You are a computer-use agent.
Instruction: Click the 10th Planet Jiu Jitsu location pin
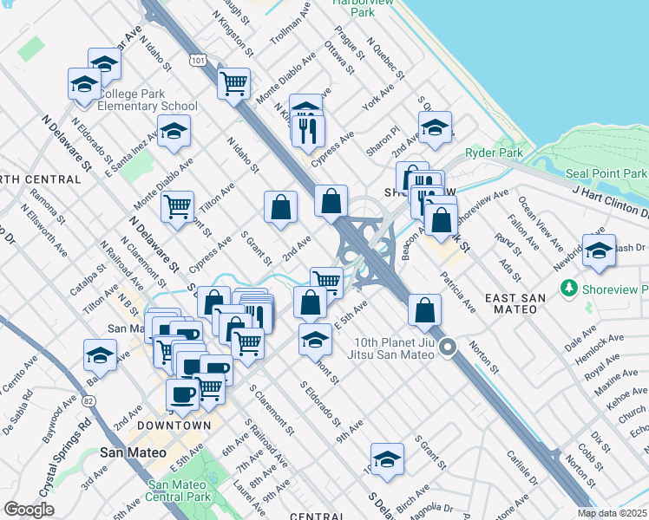coord(448,348)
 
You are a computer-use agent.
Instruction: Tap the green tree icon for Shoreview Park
coord(570,287)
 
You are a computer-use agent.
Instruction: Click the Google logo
coord(29,510)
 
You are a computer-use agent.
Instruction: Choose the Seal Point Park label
coord(606,173)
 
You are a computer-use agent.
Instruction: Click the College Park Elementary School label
coord(147,100)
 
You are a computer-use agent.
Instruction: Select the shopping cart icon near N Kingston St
coord(233,85)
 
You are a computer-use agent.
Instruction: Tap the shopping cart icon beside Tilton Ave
coord(177,208)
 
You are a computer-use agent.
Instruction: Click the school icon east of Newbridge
coord(600,251)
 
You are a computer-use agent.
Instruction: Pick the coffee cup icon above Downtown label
coord(182,395)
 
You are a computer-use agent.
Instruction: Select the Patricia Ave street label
coord(457,292)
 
